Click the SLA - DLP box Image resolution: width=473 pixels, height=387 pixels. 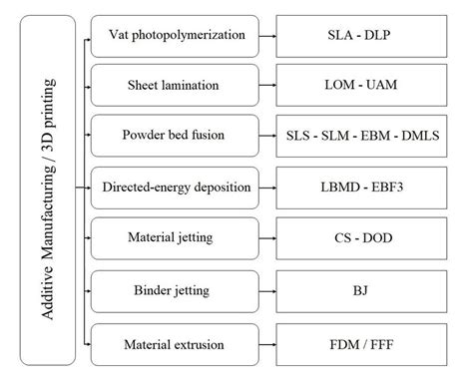tap(356, 34)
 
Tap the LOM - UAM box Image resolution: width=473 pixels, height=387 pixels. tap(356, 86)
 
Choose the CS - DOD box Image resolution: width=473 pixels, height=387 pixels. tap(356, 240)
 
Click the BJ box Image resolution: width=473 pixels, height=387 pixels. tap(356, 292)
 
